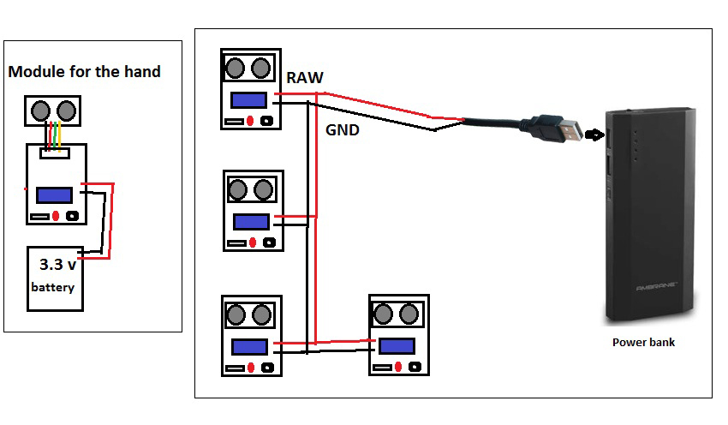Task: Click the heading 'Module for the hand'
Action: pyautogui.click(x=84, y=72)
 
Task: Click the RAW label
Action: pyautogui.click(x=305, y=78)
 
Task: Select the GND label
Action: pyautogui.click(x=343, y=131)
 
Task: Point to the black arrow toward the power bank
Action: pyautogui.click(x=594, y=133)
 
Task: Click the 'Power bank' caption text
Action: pyautogui.click(x=643, y=342)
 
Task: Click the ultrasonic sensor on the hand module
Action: pyautogui.click(x=52, y=110)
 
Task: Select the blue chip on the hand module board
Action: pyautogui.click(x=54, y=195)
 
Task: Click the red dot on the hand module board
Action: pyautogui.click(x=56, y=216)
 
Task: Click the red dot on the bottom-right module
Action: pyautogui.click(x=398, y=367)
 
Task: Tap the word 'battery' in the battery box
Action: pyautogui.click(x=53, y=287)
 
